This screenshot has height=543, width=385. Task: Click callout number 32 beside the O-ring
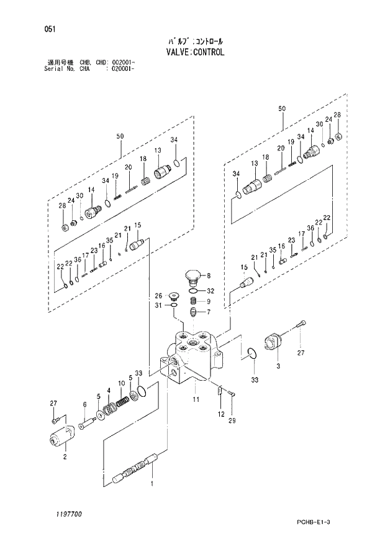coord(211,290)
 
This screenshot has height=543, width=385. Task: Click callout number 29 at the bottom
coord(232,421)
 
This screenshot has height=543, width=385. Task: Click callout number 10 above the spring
coord(120,384)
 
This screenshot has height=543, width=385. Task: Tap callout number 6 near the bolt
coord(84,405)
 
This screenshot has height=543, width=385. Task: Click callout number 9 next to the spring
coord(209,302)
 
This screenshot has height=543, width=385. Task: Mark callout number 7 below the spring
coord(209,312)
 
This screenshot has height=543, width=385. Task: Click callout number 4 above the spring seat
coord(109,391)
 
